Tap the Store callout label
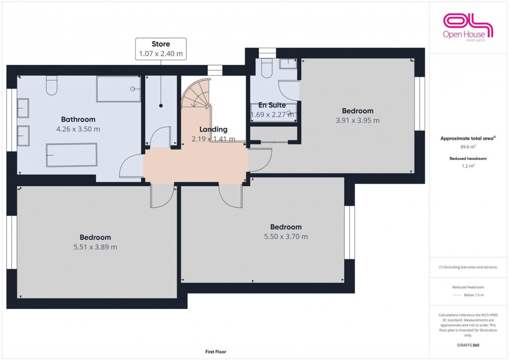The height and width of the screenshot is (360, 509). click(160, 48)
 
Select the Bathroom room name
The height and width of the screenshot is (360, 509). click(78, 119)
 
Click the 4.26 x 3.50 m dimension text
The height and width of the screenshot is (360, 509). click(78, 129)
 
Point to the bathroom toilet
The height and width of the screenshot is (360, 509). click(51, 86)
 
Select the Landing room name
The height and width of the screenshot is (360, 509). click(213, 129)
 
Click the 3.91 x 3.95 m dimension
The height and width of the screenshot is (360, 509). click(357, 121)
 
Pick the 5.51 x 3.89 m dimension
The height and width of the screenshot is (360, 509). click(95, 247)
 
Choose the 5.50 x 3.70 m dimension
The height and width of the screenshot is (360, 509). click(286, 237)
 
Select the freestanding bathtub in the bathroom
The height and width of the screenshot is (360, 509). click(71, 155)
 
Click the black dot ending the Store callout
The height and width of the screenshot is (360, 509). click(160, 105)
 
